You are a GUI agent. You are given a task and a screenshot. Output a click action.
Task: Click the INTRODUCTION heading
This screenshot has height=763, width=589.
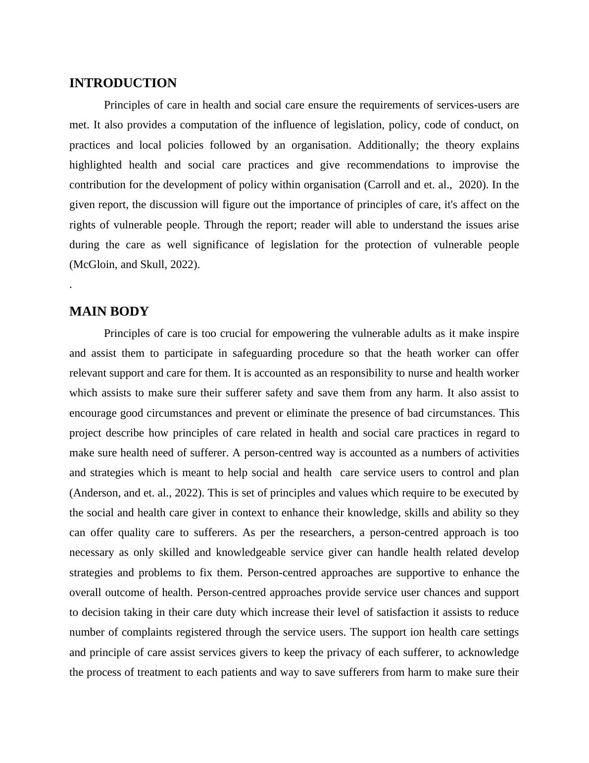point(123,83)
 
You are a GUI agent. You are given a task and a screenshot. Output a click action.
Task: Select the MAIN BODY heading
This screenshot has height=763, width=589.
point(109,312)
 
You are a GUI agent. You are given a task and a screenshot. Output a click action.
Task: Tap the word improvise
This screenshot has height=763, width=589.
point(475,165)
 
